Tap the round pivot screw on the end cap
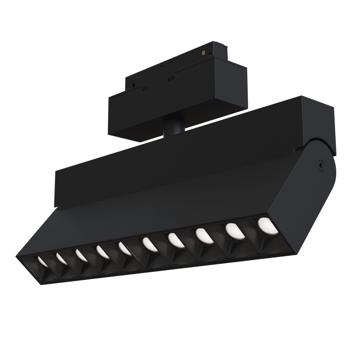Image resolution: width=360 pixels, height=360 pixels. point(320,163)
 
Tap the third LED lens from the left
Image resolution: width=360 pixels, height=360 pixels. point(80,254)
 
